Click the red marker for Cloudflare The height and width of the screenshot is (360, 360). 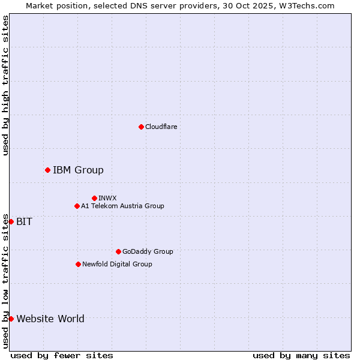[x=141, y=127]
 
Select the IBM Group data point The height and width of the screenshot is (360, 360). [x=47, y=170]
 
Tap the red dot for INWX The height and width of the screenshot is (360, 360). [x=94, y=198]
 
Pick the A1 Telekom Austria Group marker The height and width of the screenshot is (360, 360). [x=77, y=206]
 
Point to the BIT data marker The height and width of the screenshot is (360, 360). [x=11, y=222]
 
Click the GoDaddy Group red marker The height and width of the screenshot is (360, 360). [x=118, y=252]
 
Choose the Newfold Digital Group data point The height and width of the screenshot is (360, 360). [x=78, y=265]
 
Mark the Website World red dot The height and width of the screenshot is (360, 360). [x=11, y=319]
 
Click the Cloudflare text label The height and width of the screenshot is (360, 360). [x=161, y=127]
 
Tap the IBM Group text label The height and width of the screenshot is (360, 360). [x=78, y=170]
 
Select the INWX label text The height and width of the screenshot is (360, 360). [x=107, y=198]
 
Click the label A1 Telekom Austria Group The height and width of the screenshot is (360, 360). [x=122, y=206]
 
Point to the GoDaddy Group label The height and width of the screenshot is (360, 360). [x=148, y=252]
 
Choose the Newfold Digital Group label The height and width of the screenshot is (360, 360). [x=117, y=265]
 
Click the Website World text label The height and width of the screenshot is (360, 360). [x=50, y=319]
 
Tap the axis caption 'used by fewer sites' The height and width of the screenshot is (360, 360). [x=62, y=355]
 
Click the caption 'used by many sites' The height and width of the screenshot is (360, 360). [x=301, y=355]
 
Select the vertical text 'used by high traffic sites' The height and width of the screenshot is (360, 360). [x=5, y=85]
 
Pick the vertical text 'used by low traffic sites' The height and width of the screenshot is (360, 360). [x=5, y=281]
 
